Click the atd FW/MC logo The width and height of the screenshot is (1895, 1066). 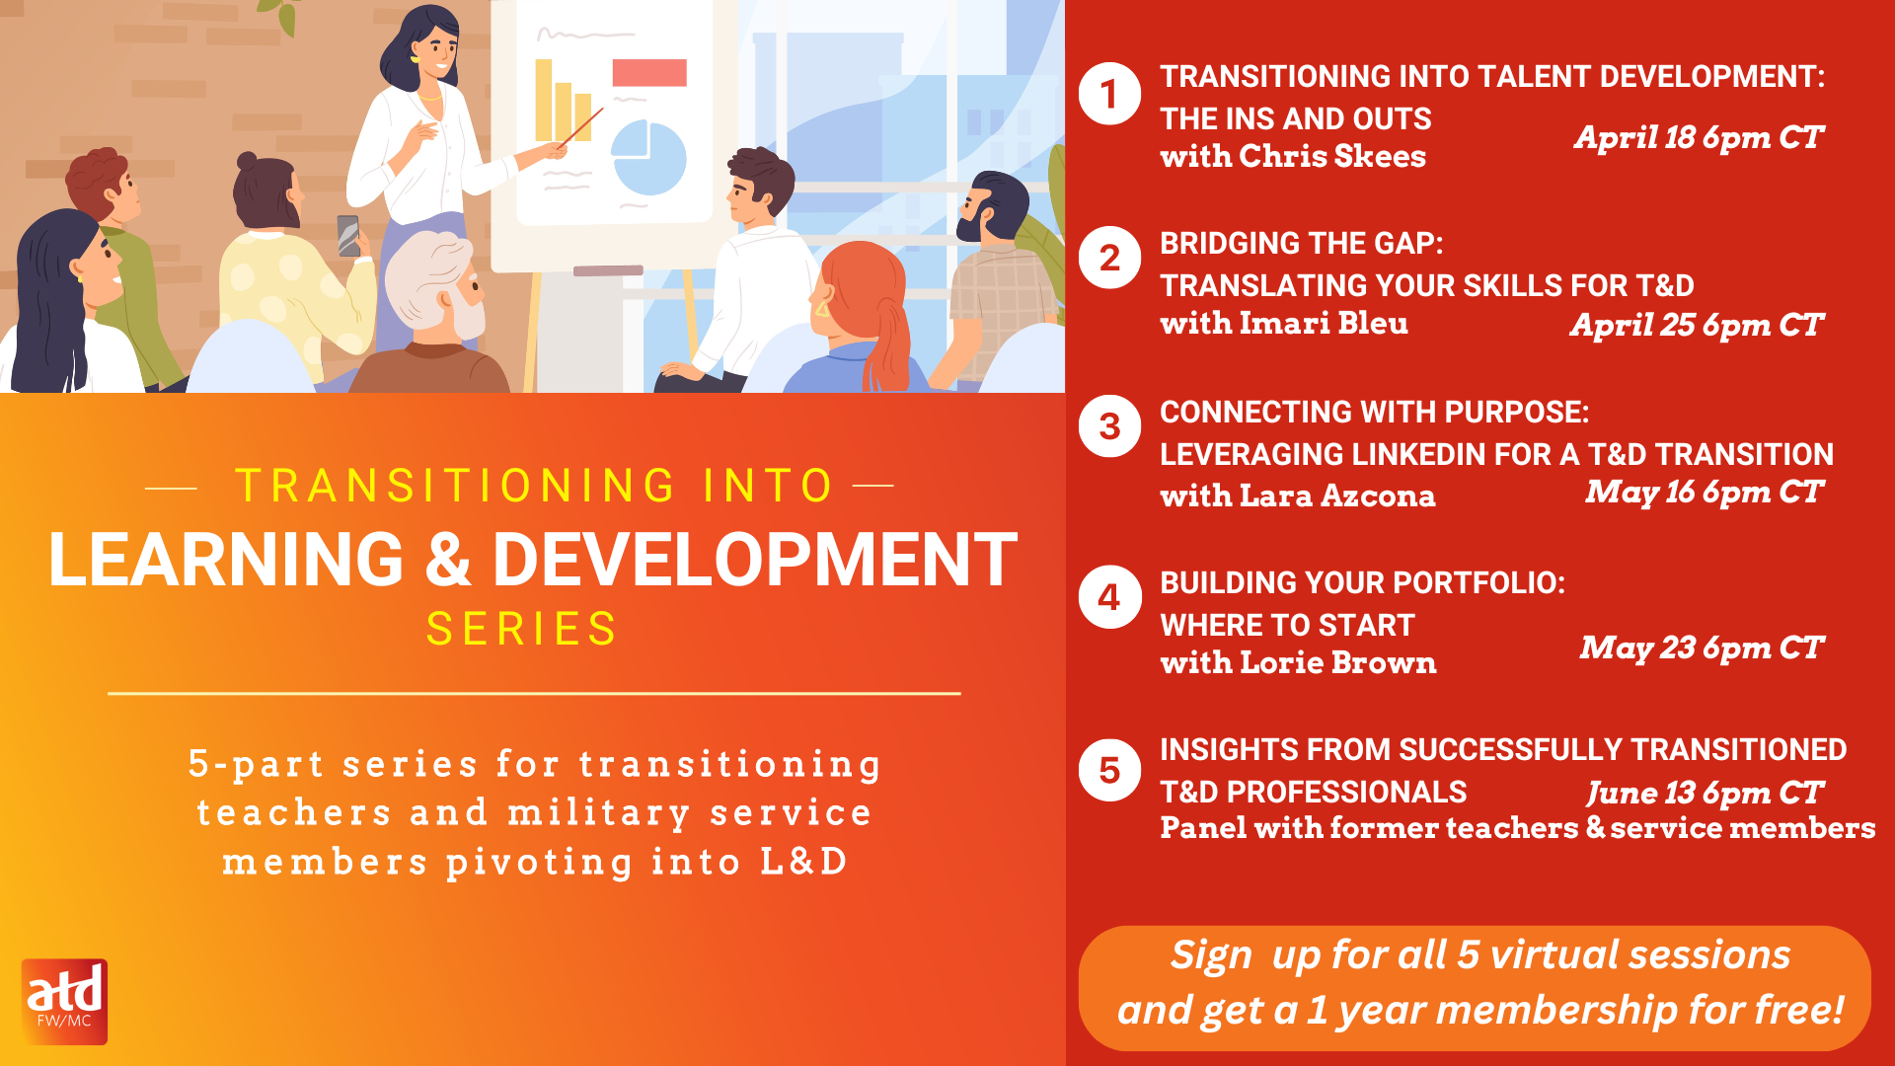64,1001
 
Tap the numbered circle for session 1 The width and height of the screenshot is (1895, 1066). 1109,94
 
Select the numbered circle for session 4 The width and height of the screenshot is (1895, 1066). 1109,596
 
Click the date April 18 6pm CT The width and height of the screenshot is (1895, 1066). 1699,138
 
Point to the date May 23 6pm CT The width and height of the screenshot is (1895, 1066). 1702,648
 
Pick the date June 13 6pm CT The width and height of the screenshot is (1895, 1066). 1705,794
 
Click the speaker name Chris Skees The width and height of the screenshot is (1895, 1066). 1332,156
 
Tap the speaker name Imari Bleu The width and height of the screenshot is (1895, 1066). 1324,323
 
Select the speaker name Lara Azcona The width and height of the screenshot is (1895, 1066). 1337,495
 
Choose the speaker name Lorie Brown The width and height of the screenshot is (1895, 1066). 1337,662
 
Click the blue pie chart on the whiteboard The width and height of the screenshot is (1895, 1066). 648,158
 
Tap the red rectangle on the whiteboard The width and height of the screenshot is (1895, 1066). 649,73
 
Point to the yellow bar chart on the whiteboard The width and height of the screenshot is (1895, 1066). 563,101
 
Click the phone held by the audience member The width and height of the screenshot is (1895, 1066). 348,236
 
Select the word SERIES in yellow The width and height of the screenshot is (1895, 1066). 521,629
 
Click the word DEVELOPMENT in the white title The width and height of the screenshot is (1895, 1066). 754,560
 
